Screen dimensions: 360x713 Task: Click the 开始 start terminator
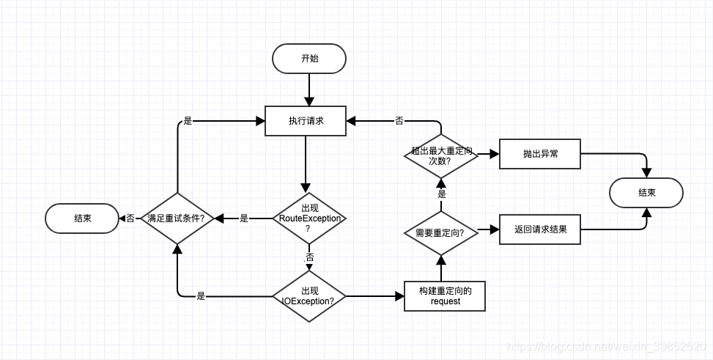pyautogui.click(x=309, y=59)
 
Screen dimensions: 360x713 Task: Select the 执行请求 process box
pyautogui.click(x=305, y=121)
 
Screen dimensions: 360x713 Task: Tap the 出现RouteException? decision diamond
pyautogui.click(x=309, y=218)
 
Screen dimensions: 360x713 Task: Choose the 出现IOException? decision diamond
pyautogui.click(x=309, y=296)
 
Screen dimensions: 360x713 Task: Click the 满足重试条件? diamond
pyautogui.click(x=177, y=218)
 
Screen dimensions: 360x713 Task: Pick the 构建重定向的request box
pyautogui.click(x=445, y=296)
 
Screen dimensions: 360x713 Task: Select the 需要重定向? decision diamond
pyautogui.click(x=440, y=232)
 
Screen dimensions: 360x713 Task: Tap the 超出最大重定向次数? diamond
pyautogui.click(x=440, y=155)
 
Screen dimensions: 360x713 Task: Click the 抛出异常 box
pyautogui.click(x=539, y=154)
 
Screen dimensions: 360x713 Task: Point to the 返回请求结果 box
pyautogui.click(x=539, y=229)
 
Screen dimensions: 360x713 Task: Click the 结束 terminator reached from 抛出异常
pyautogui.click(x=646, y=193)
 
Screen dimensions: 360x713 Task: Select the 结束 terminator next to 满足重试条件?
pyautogui.click(x=82, y=218)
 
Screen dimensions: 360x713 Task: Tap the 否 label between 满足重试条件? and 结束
pyautogui.click(x=130, y=218)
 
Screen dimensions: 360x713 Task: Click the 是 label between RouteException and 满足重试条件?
pyautogui.click(x=244, y=218)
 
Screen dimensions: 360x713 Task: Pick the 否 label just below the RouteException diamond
pyautogui.click(x=309, y=257)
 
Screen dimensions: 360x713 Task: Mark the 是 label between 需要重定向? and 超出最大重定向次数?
pyautogui.click(x=441, y=194)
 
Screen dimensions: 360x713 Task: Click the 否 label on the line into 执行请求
pyautogui.click(x=399, y=121)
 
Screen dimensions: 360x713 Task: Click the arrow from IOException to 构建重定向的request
pyautogui.click(x=374, y=296)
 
